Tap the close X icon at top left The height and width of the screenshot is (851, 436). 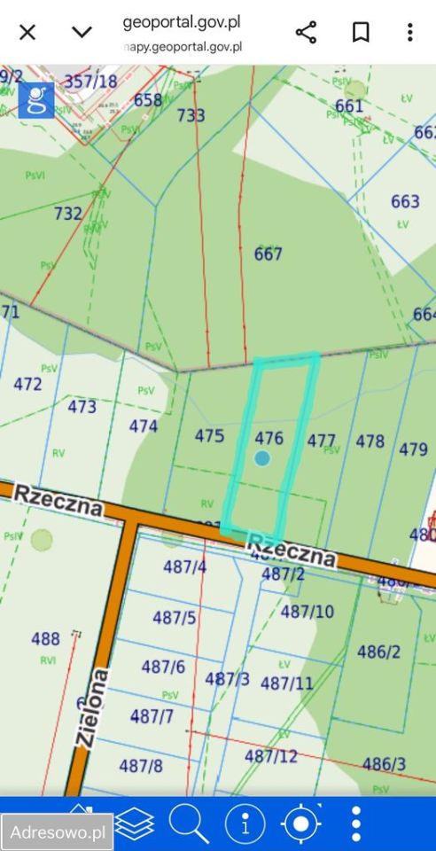pos(27,33)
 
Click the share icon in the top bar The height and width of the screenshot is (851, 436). pos(306,33)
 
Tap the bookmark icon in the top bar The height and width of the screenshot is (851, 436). pos(361,33)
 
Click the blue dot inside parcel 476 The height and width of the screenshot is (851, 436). pos(261,457)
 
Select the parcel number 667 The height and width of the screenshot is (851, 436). pos(268,254)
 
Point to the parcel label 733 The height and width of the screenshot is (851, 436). pos(191,115)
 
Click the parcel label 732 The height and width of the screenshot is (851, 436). pos(68,214)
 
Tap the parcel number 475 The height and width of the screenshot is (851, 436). pos(209,435)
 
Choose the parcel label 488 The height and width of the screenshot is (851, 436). pos(45,638)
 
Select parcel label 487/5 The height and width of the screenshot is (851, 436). pos(175,618)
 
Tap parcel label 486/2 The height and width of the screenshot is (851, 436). pos(379,652)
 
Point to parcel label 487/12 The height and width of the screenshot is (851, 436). pos(271,756)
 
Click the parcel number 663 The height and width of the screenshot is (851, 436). pos(405,201)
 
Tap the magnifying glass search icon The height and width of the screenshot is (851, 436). pos(188,824)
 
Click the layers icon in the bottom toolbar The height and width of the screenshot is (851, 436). pos(135,824)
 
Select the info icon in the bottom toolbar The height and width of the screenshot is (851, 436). pos(245,824)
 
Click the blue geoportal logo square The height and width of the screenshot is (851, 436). pos(36,100)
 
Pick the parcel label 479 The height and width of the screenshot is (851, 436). pos(413,449)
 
